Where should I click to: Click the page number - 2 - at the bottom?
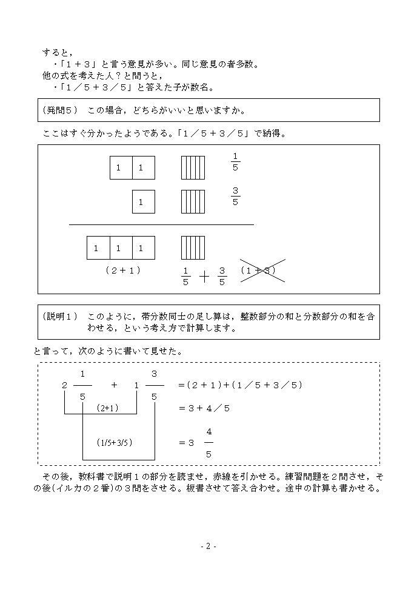(208, 546)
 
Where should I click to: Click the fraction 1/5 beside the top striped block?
(236, 162)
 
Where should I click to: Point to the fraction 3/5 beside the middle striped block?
(236, 197)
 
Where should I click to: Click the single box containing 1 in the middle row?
(143, 201)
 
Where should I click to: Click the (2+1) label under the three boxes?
(123, 271)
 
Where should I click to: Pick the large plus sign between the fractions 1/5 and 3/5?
(204, 277)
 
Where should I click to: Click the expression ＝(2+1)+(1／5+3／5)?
(240, 385)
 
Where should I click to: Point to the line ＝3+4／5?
(204, 408)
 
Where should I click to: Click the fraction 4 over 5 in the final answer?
(208, 442)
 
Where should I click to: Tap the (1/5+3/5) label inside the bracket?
(115, 442)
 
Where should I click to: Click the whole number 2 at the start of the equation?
(65, 385)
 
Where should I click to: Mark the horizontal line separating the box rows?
(161, 224)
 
